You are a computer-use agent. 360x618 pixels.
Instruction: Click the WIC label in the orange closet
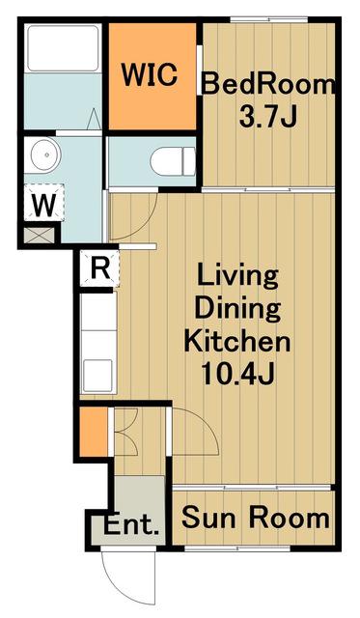[x=149, y=74]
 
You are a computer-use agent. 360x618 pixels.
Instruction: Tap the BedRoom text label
[x=269, y=84]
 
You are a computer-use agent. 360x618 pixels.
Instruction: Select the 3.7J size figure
[x=267, y=117]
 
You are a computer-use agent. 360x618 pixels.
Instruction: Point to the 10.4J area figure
[x=237, y=375]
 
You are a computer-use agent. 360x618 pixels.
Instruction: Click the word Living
[x=237, y=278]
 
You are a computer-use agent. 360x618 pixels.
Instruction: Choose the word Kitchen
[x=237, y=341]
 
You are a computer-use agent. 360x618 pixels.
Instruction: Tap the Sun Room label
[x=255, y=518]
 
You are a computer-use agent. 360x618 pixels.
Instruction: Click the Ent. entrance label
[x=131, y=524]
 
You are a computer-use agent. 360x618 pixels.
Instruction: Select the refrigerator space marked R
[x=100, y=269]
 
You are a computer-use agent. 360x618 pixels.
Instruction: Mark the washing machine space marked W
[x=43, y=203]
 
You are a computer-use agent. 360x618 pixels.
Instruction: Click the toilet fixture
[x=173, y=161]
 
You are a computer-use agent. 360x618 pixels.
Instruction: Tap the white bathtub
[x=63, y=48]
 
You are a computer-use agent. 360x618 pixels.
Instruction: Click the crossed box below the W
[x=39, y=236]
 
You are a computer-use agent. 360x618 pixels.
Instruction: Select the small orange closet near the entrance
[x=94, y=432]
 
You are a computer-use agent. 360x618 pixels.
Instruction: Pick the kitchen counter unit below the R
[x=98, y=343]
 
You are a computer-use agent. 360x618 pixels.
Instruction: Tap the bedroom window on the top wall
[x=268, y=19]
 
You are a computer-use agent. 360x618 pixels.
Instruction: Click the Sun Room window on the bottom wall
[x=237, y=548]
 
